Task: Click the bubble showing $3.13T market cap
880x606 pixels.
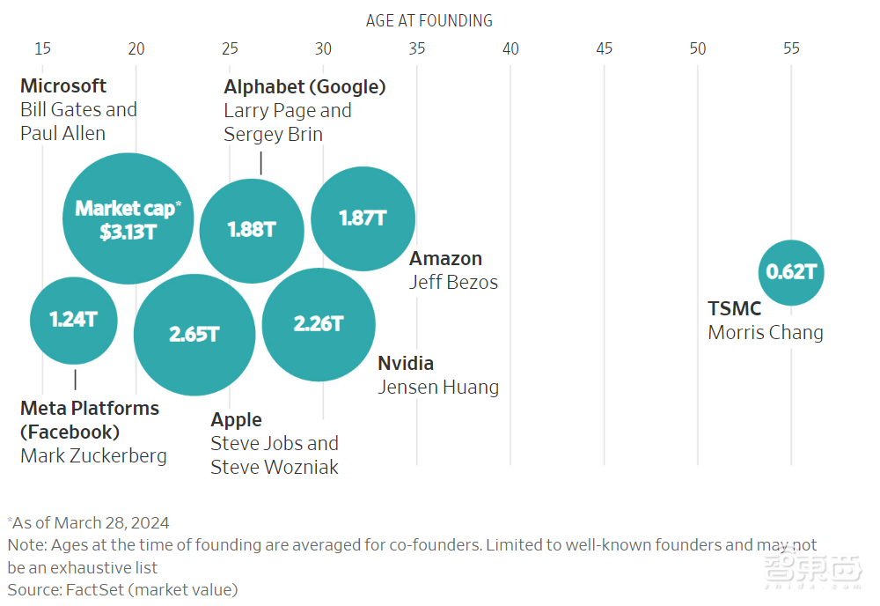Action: [x=128, y=218]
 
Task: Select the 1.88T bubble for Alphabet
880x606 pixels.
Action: [x=252, y=230]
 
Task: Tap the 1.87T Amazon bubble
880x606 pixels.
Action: [x=363, y=218]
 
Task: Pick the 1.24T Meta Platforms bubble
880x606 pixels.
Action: [x=74, y=320]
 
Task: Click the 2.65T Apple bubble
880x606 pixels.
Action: [x=194, y=335]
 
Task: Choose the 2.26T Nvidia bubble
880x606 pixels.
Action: [x=319, y=324]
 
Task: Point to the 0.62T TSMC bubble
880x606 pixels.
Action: [x=791, y=272]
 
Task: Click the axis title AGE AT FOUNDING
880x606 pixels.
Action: [x=429, y=20]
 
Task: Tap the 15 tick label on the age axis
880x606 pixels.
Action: [x=42, y=48]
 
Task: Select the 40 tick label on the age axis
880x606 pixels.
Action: [x=510, y=48]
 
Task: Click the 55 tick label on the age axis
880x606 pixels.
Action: [x=791, y=48]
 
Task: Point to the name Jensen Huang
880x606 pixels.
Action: [x=438, y=387]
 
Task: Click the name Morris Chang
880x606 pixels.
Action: [x=766, y=333]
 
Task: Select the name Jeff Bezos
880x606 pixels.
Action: [x=453, y=282]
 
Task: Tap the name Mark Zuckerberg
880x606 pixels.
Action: [x=93, y=455]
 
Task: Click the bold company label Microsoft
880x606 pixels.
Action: [x=63, y=85]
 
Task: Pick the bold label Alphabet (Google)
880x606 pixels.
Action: [x=304, y=86]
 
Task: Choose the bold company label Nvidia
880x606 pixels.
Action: [x=406, y=363]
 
